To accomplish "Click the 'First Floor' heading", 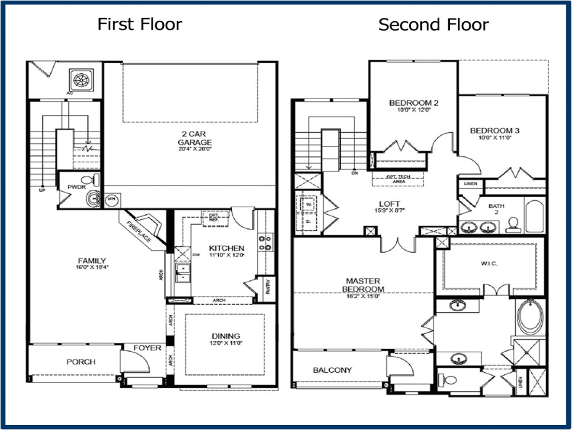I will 139,24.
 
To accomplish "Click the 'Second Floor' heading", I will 433,25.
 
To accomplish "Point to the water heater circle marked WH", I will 111,199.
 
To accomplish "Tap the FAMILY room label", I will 92,260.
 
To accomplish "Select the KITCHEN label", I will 227,248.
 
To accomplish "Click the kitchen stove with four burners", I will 265,242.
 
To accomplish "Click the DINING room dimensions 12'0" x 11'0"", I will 227,343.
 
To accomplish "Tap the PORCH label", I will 81,362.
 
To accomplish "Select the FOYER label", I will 147,348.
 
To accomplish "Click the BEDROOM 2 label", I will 414,103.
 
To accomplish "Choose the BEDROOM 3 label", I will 495,131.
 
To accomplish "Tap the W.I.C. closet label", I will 489,263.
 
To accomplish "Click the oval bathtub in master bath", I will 529,316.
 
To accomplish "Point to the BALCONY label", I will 332,370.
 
